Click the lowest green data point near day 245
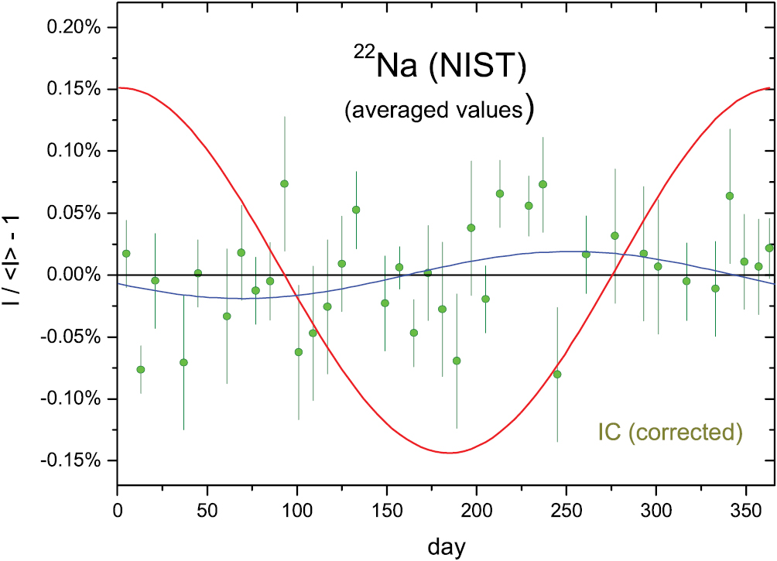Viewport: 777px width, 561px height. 557,374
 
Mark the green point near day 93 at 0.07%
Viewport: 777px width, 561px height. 284,183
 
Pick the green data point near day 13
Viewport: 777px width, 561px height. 141,369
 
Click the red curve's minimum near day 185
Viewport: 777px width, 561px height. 449,453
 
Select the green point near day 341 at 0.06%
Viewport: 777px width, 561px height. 729,196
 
